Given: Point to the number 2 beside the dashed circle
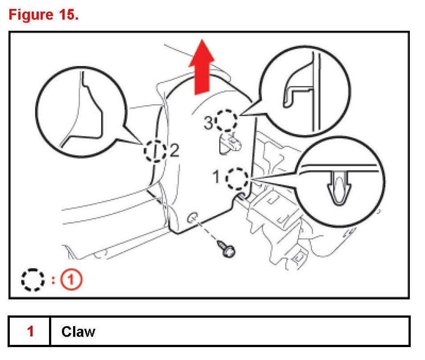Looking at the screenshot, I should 174,152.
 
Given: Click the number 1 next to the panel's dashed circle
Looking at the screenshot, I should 216,178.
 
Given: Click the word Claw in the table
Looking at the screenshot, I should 78,331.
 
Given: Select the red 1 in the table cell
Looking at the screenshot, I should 30,331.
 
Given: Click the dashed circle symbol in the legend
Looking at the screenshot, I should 33,280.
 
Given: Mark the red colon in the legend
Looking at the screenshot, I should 53,280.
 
